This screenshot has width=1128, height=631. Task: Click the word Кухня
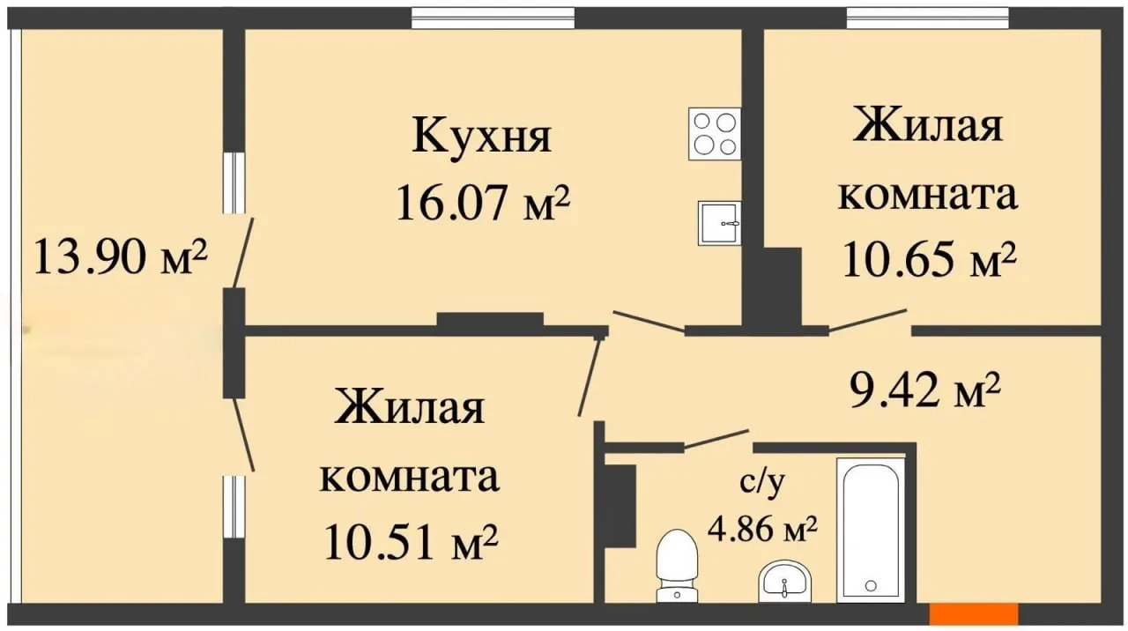click(x=482, y=136)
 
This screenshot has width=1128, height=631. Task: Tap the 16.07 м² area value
click(x=483, y=203)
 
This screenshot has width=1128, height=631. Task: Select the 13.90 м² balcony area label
click(x=121, y=256)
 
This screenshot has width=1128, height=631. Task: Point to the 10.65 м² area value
click(x=930, y=259)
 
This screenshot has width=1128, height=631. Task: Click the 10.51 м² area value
click(x=412, y=541)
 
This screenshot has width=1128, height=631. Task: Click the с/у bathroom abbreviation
click(x=762, y=482)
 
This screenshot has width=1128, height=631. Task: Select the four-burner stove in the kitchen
click(x=715, y=134)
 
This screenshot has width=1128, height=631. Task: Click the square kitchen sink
click(x=719, y=223)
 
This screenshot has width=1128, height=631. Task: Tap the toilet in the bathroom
click(x=678, y=566)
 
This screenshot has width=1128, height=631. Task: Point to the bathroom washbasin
click(x=784, y=581)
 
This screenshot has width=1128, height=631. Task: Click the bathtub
click(x=871, y=530)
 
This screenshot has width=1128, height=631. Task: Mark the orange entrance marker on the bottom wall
click(x=974, y=614)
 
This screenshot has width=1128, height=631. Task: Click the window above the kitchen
click(x=493, y=18)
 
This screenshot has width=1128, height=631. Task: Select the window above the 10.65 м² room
click(x=928, y=18)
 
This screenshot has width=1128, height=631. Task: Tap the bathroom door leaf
click(x=716, y=439)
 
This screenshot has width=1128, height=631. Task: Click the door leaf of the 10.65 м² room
click(x=868, y=320)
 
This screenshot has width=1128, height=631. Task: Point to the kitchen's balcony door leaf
click(x=242, y=253)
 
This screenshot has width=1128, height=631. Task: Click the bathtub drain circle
click(x=871, y=586)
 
